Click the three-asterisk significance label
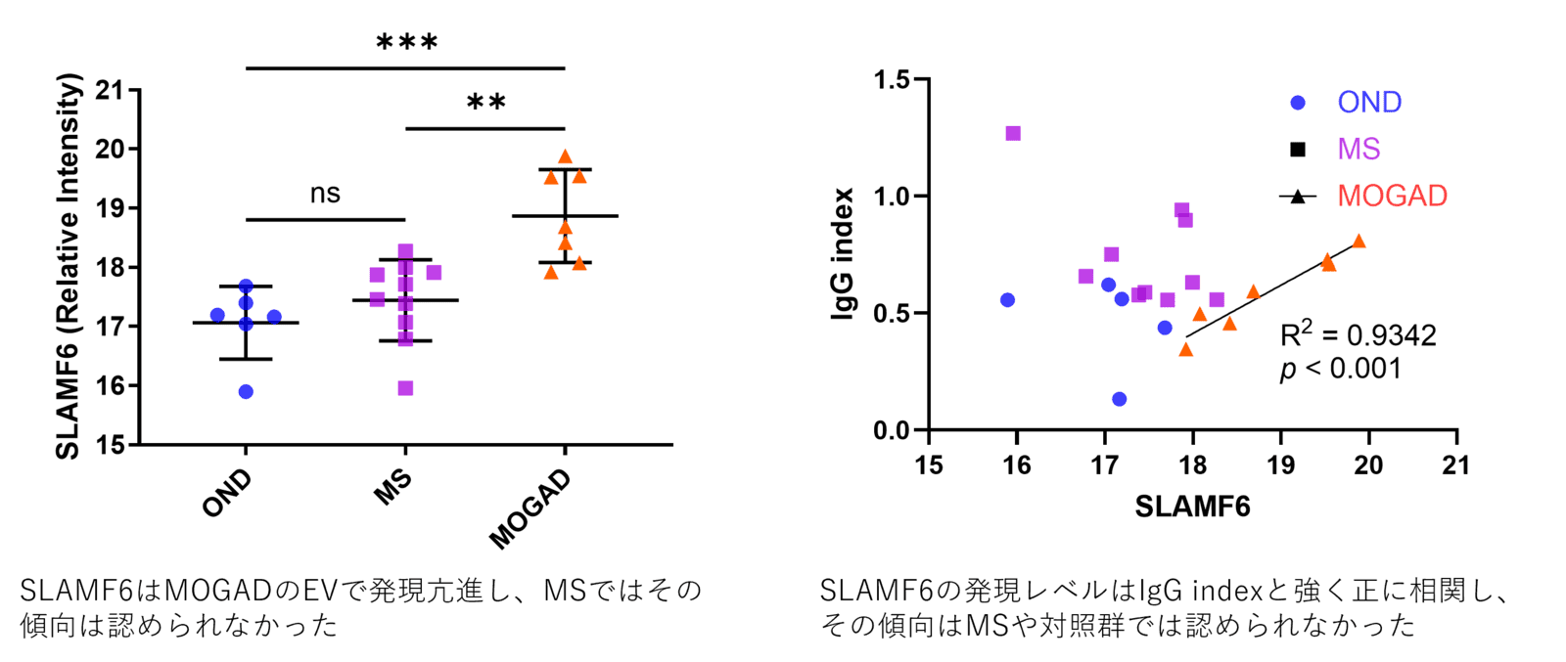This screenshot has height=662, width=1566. [406, 42]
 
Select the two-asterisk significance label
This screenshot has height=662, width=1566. [485, 102]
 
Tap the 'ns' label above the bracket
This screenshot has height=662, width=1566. [325, 194]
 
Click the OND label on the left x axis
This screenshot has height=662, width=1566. [227, 493]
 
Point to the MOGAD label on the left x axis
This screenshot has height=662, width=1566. [530, 509]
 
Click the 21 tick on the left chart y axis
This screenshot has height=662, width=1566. [114, 90]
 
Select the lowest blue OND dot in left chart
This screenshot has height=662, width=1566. [246, 392]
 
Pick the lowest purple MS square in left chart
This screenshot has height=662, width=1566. [405, 389]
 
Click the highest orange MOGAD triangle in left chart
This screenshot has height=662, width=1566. [565, 155]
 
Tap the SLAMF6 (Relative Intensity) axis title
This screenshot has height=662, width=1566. [68, 266]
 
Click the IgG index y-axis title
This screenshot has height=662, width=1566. [843, 254]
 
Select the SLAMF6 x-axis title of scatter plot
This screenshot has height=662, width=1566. [1192, 507]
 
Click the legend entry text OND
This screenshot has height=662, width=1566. [1369, 102]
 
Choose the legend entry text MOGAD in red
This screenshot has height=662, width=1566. [1392, 196]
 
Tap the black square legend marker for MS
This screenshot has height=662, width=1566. [1298, 150]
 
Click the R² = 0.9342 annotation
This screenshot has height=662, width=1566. [1359, 335]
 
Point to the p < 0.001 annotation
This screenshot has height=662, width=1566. [1341, 369]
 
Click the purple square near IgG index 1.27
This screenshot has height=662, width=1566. [1013, 133]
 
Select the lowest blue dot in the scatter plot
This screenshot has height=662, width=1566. [1120, 399]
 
